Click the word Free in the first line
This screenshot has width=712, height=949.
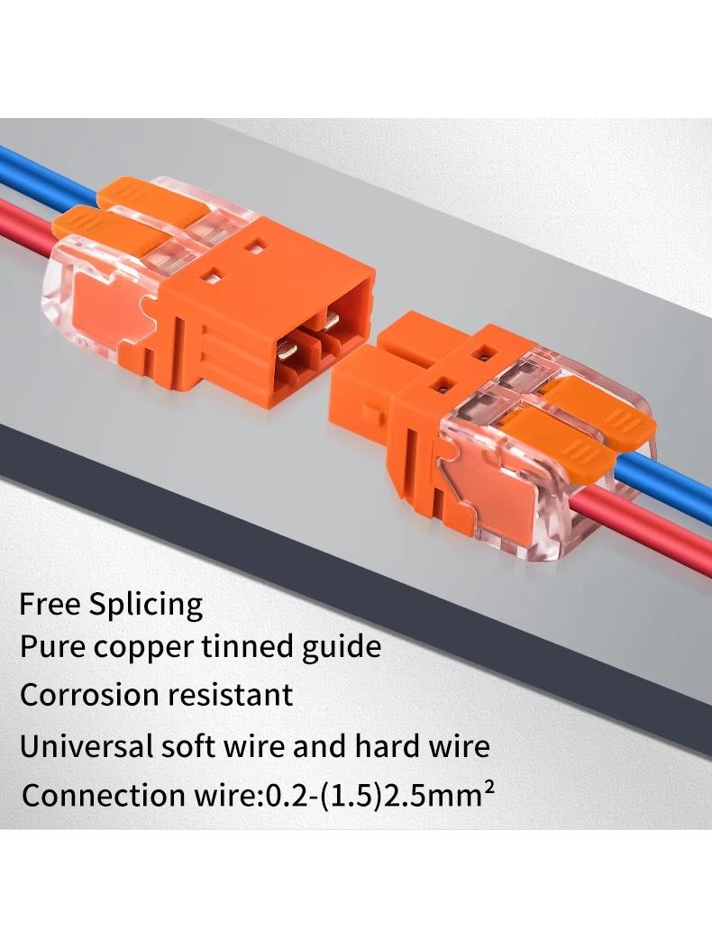pos(50,604)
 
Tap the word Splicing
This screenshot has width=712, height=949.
pos(146,606)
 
